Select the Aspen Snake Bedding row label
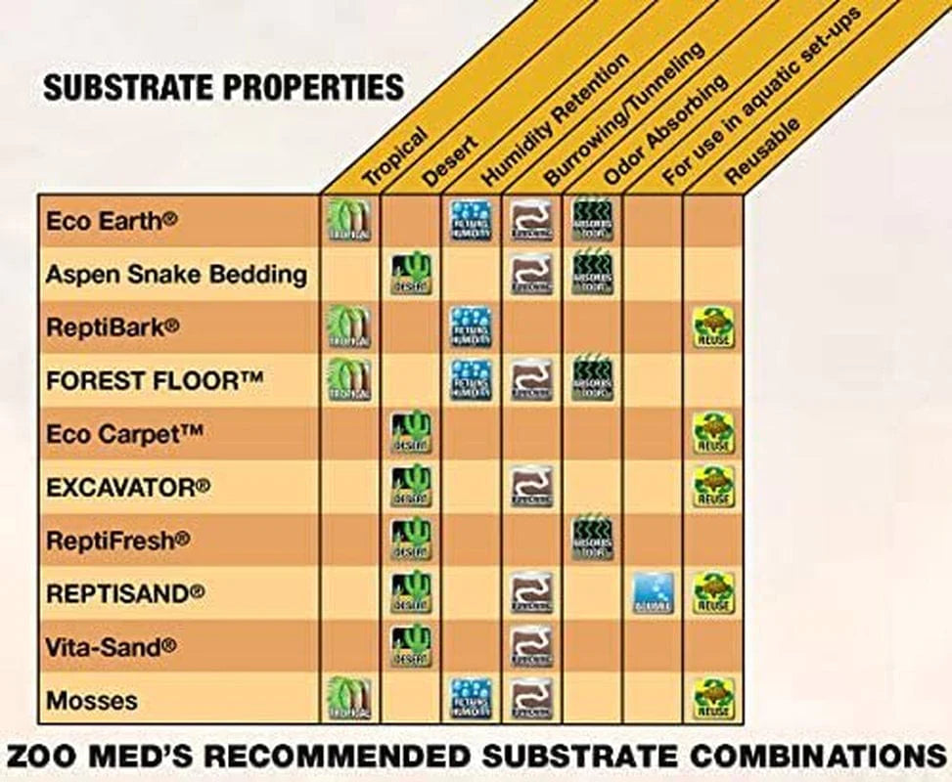[x=176, y=275]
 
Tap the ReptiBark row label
[x=113, y=327]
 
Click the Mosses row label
[x=91, y=700]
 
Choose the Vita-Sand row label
[x=111, y=646]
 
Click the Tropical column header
[x=394, y=155]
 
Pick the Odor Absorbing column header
[x=664, y=129]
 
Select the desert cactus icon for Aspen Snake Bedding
[x=411, y=275]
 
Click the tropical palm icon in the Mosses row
[x=348, y=700]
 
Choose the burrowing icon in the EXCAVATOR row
[x=531, y=487]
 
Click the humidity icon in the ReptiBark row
[x=471, y=327]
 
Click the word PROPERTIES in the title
[x=313, y=87]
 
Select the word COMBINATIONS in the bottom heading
[x=797, y=756]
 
